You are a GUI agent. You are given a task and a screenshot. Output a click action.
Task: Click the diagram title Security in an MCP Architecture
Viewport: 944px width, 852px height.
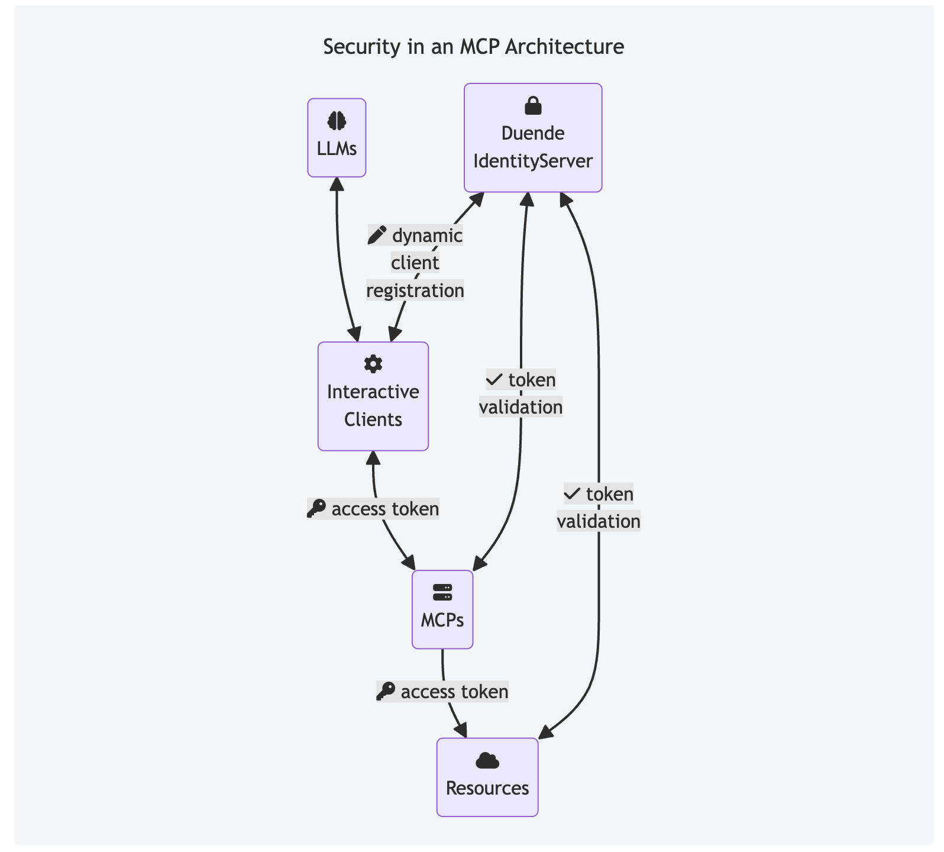point(473,47)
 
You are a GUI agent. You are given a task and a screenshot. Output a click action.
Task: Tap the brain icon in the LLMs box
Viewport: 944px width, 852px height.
point(337,121)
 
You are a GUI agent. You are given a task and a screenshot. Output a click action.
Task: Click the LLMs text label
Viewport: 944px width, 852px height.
point(337,149)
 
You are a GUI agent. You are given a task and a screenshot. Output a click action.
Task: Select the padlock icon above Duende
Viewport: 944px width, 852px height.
point(533,106)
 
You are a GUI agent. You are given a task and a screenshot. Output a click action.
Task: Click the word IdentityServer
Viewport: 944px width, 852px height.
point(533,161)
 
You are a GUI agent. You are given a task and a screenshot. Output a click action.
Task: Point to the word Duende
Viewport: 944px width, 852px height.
point(533,133)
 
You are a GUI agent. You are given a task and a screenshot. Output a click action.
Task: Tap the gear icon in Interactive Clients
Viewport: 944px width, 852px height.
point(373,364)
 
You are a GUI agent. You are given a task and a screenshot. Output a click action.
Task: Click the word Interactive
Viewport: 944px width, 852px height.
point(373,392)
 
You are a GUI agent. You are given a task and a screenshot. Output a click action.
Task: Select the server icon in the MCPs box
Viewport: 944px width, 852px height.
point(442,592)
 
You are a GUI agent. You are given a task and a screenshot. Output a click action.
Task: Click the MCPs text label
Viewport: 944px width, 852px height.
point(442,620)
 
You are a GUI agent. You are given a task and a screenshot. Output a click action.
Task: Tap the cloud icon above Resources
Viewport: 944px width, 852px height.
point(487,761)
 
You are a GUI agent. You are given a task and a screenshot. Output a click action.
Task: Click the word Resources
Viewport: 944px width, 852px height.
point(487,788)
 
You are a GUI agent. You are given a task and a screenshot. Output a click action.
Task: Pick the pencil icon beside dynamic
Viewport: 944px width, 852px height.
point(377,235)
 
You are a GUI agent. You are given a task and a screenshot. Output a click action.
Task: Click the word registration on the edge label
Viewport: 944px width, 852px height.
point(415,291)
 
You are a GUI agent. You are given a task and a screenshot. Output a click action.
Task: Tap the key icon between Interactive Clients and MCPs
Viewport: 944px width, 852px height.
point(316,508)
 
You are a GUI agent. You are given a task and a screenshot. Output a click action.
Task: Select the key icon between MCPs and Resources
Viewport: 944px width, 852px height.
point(386,691)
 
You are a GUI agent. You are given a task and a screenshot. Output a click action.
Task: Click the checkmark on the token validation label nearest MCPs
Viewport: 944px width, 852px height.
point(494,379)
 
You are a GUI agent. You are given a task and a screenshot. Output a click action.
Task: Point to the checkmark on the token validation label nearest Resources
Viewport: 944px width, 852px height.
point(572,493)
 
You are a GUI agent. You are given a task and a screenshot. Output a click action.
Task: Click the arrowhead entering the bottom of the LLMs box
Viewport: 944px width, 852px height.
point(337,182)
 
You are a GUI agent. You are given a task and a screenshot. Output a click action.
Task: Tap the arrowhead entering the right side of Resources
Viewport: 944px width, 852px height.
point(545,732)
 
